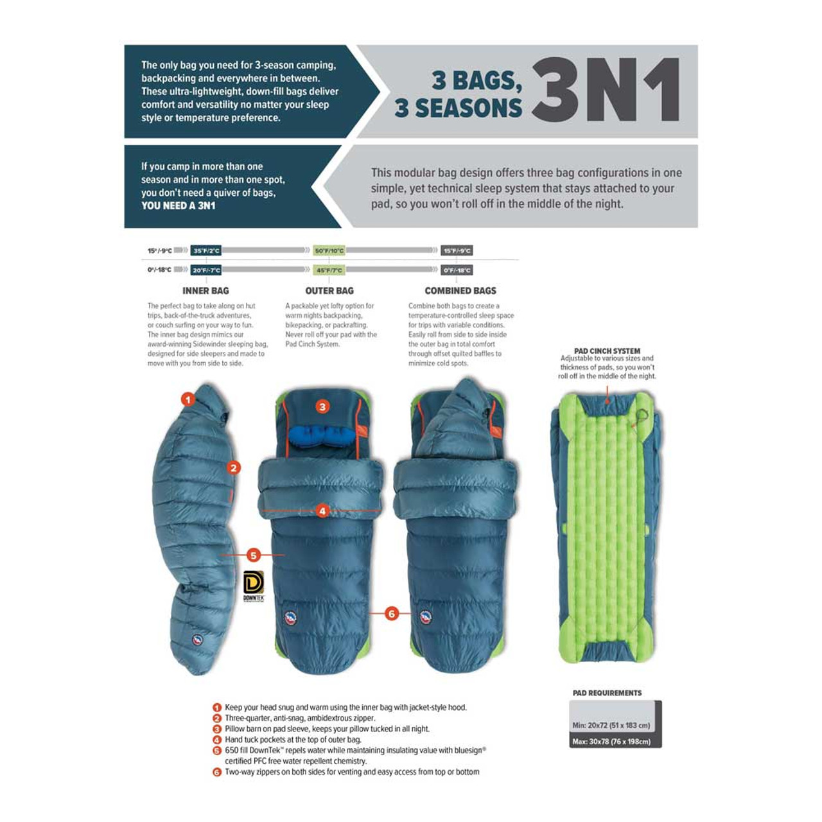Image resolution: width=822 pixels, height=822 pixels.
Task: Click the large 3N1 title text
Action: [x=606, y=91]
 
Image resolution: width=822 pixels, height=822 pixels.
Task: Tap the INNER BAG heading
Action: [x=205, y=291]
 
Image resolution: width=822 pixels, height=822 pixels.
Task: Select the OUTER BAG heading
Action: [x=329, y=291]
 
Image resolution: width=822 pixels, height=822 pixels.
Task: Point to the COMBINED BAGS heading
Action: [x=460, y=291]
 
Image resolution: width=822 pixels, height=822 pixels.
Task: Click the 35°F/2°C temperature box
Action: [x=206, y=250]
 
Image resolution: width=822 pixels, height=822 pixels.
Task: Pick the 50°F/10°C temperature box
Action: [x=329, y=250]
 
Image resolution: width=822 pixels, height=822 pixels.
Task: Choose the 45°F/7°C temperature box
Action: [x=329, y=270]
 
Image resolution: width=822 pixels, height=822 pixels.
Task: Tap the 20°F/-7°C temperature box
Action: [x=206, y=270]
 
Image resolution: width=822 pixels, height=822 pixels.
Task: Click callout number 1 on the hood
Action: [x=188, y=399]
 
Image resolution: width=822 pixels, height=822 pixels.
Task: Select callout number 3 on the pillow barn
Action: [x=322, y=407]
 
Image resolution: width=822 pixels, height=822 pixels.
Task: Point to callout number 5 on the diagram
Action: [x=254, y=555]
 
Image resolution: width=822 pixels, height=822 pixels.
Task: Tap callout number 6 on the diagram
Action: [x=392, y=613]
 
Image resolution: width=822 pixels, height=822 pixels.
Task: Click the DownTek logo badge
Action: [x=254, y=585]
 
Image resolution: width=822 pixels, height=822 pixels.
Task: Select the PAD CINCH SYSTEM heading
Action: [x=607, y=351]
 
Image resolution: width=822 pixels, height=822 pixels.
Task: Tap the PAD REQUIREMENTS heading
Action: [x=607, y=693]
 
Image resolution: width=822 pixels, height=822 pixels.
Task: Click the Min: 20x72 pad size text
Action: [x=611, y=725]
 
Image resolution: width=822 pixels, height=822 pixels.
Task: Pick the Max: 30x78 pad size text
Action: [x=611, y=742]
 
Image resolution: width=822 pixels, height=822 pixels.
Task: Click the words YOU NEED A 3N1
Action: [x=179, y=206]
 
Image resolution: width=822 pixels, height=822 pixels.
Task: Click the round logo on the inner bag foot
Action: [x=197, y=640]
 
